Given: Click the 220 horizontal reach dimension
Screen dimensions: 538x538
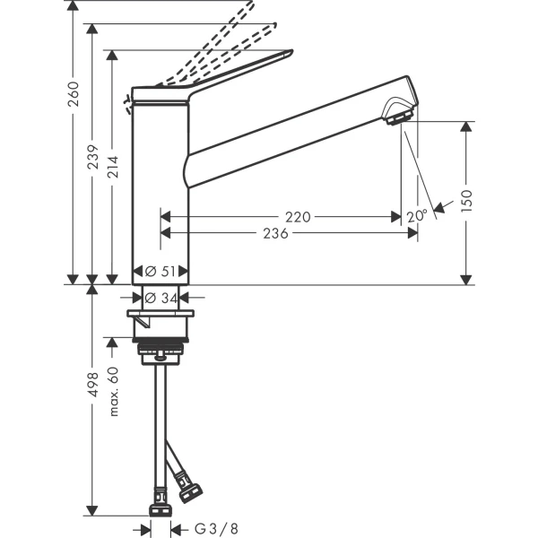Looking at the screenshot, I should pyautogui.click(x=299, y=216).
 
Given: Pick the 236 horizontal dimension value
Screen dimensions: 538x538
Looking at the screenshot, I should pyautogui.click(x=275, y=233).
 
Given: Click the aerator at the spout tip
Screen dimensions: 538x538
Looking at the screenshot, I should pyautogui.click(x=395, y=115).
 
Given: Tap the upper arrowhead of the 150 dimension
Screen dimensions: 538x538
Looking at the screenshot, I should pyautogui.click(x=464, y=127).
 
